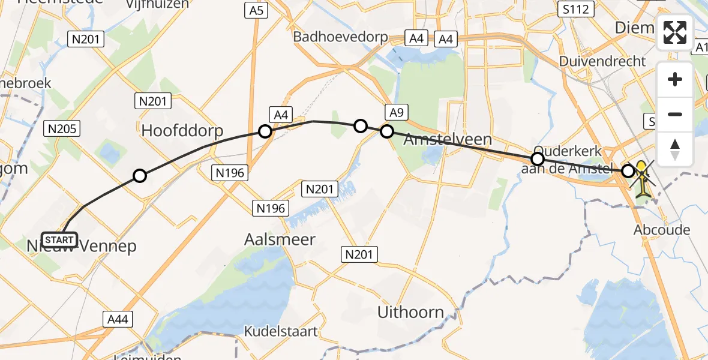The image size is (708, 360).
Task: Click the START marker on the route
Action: click(x=59, y=240)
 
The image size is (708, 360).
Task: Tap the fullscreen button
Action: click(x=675, y=32)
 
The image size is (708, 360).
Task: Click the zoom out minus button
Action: click(x=675, y=114)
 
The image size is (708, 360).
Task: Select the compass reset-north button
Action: click(x=675, y=149)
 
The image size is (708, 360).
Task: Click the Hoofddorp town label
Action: click(x=182, y=131)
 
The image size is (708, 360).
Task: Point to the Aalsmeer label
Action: click(x=280, y=239)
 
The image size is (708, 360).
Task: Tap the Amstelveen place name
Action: click(x=448, y=140)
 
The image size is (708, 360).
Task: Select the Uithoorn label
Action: click(x=411, y=312)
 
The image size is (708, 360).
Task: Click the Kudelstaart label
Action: click(x=281, y=331)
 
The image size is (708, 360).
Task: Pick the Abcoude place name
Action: click(x=662, y=230)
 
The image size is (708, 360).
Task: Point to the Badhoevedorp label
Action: click(x=340, y=37)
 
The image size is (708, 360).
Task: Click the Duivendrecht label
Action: click(x=602, y=61)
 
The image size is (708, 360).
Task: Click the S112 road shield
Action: click(x=575, y=9)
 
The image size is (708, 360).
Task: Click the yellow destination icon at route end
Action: click(x=643, y=180)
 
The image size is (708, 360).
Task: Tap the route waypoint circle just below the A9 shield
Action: click(x=387, y=131)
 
